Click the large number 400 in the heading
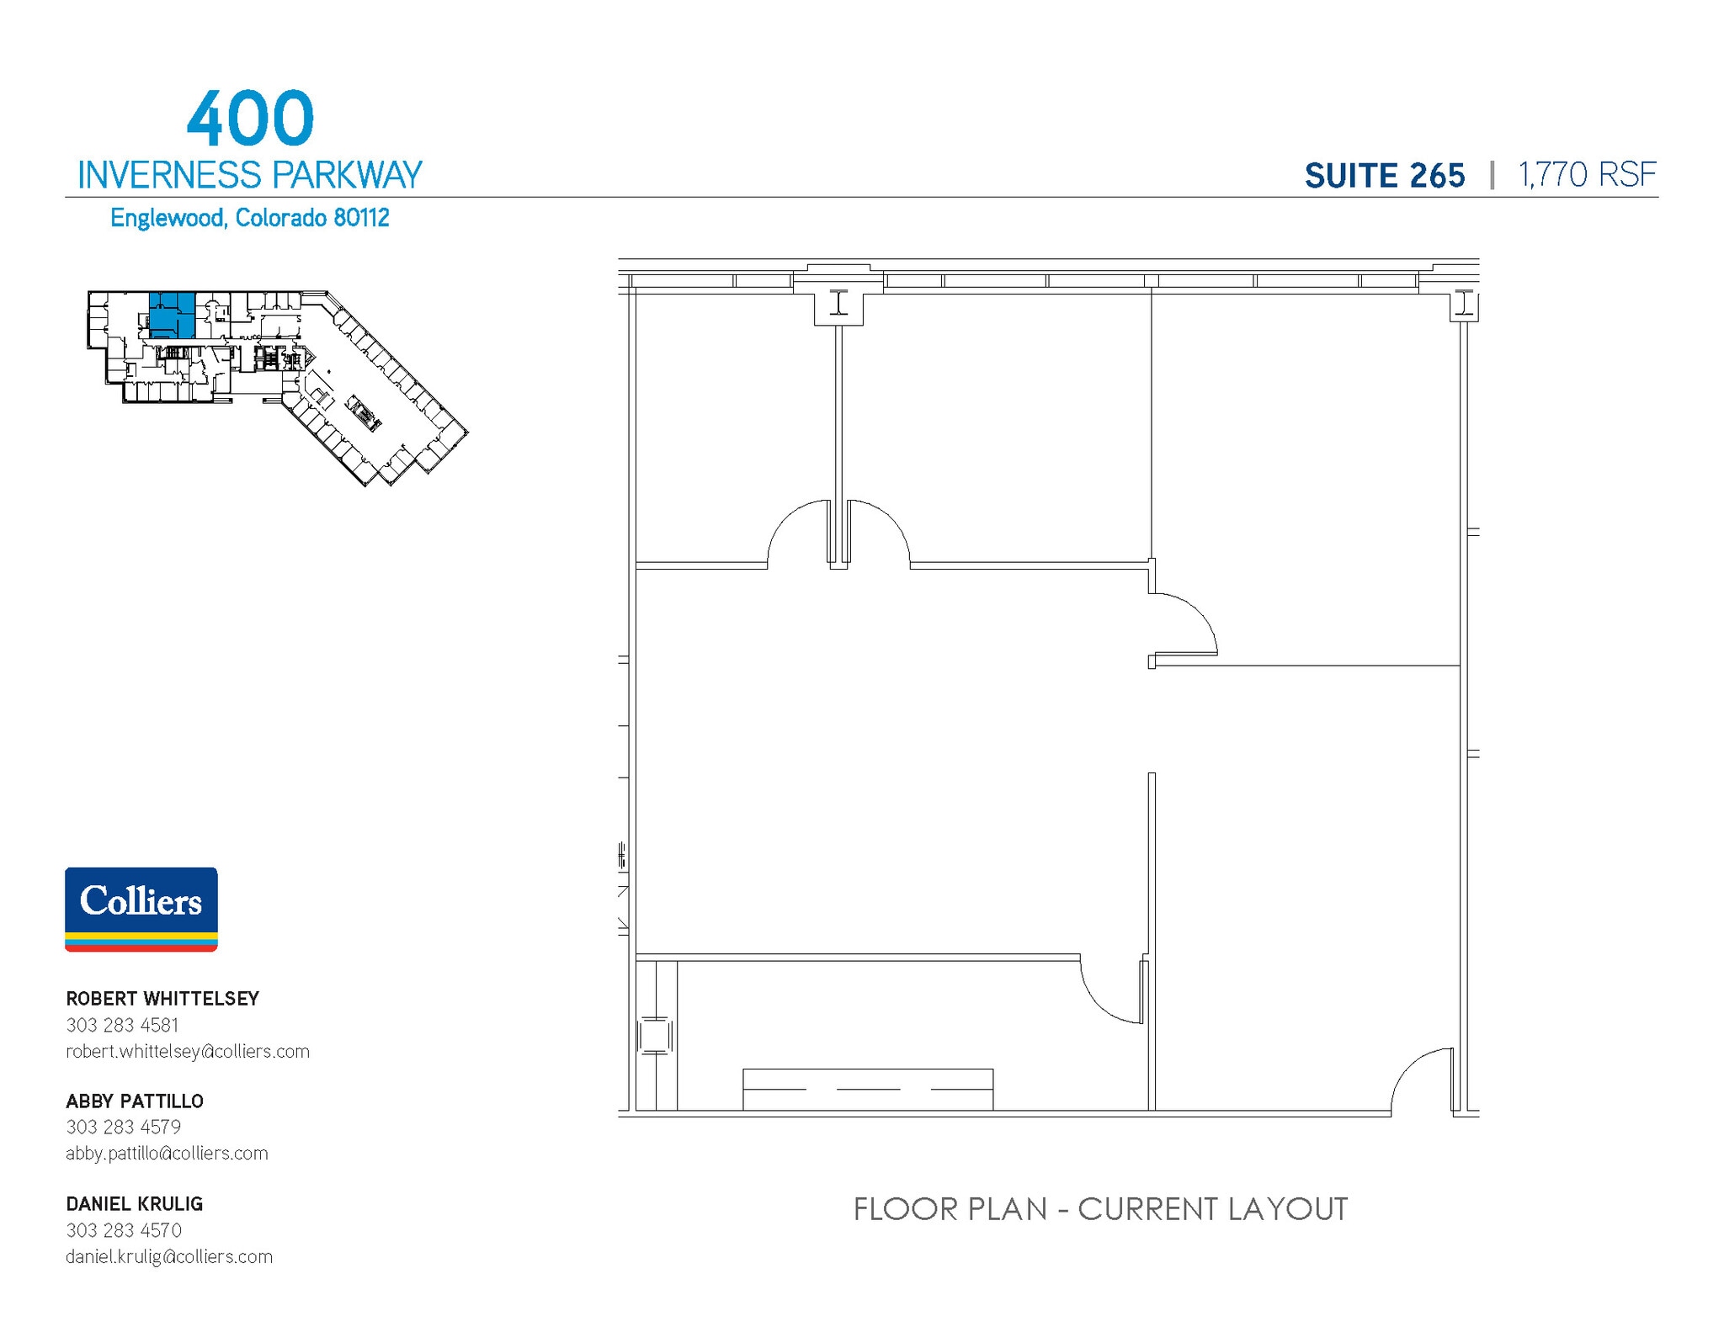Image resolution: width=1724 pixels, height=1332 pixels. tap(250, 119)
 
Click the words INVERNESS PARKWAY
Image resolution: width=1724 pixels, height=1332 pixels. tap(249, 175)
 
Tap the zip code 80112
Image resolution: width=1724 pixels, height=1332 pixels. tap(361, 218)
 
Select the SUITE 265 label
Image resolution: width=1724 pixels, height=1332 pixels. tap(1384, 176)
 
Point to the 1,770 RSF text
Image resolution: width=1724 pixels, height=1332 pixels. tap(1587, 175)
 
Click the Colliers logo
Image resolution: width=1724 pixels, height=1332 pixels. tap(141, 909)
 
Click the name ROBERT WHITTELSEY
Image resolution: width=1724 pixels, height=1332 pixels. tap(162, 999)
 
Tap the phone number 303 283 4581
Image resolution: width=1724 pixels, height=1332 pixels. tap(122, 1025)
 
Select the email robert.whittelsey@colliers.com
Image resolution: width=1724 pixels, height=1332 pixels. tap(188, 1052)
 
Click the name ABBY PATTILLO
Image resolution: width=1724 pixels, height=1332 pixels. tap(135, 1101)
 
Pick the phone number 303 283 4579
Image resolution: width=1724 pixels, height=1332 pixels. tap(123, 1128)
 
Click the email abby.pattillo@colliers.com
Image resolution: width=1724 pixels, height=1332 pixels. tap(167, 1154)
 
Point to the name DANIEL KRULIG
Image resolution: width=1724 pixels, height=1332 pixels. tap(135, 1204)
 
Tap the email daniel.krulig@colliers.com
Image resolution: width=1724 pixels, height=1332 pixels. tap(169, 1257)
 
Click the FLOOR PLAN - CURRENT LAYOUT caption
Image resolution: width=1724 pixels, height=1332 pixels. tap(1100, 1209)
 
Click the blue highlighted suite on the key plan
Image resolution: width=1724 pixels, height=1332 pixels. tap(172, 315)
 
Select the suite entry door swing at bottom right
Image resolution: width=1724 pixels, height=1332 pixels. tap(1423, 1081)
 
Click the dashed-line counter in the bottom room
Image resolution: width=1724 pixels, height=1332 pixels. tap(867, 1089)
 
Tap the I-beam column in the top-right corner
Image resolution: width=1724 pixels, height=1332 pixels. tap(1465, 304)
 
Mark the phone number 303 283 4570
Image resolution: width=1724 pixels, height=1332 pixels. tap(124, 1230)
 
